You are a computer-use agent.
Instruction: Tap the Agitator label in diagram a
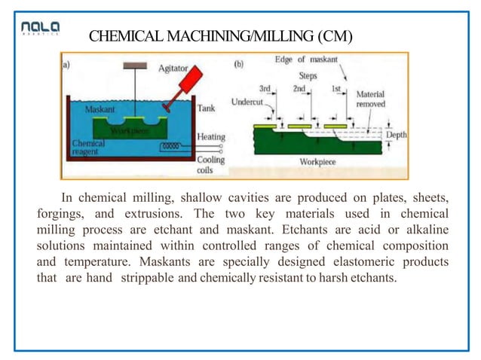coord(173,68)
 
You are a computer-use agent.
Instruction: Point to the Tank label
coord(206,108)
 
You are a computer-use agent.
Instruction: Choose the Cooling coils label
coord(210,165)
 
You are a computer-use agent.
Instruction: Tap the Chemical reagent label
coord(89,147)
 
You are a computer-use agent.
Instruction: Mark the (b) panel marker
coord(239,65)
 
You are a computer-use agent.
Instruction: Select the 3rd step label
coord(265,88)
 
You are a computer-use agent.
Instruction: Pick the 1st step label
coord(336,88)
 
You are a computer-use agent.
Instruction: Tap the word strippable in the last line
coord(145,278)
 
